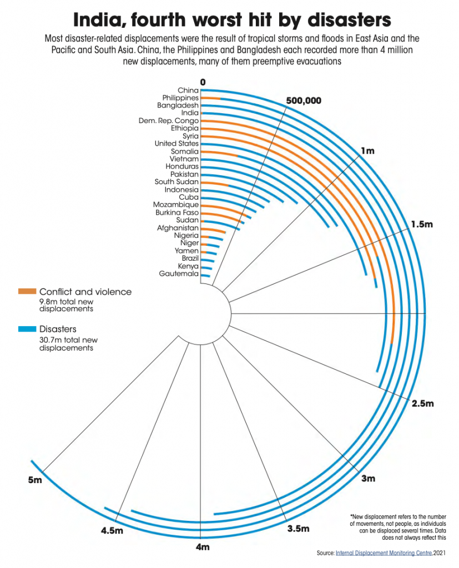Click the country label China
click(x=188, y=90)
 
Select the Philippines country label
click(x=180, y=98)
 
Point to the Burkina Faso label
click(x=176, y=212)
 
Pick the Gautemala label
click(x=179, y=273)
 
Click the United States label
click(x=176, y=144)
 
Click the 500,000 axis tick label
click(x=304, y=101)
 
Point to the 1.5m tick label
click(x=422, y=225)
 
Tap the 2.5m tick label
click(x=423, y=403)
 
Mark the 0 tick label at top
click(x=203, y=82)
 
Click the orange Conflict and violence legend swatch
click(x=27, y=291)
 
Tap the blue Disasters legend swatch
click(x=27, y=329)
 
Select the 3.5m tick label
click(x=298, y=529)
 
